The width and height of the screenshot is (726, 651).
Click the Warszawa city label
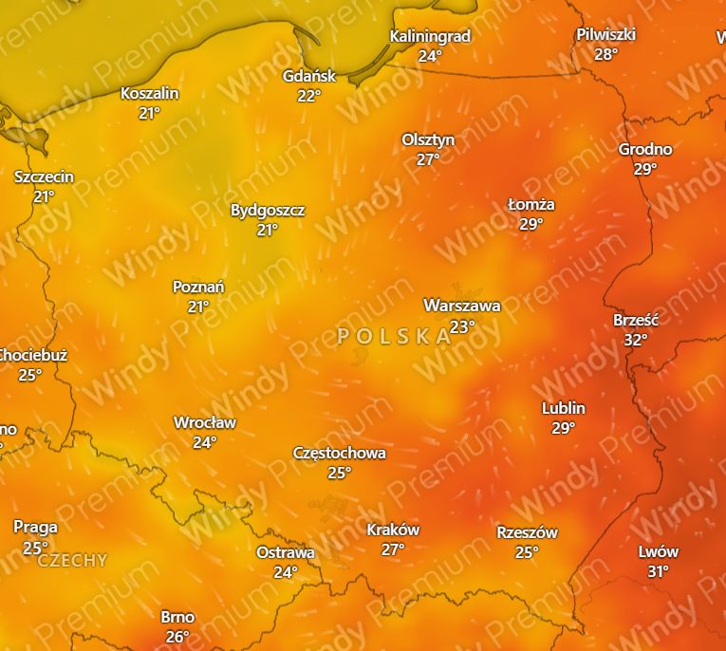coord(461,306)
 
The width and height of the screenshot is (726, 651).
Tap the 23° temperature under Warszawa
coord(461,325)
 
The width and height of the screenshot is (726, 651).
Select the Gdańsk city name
coord(309,76)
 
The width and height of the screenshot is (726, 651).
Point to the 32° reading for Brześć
coord(635,339)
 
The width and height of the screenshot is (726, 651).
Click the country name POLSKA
coord(394,335)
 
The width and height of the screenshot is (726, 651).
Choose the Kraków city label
coord(393,530)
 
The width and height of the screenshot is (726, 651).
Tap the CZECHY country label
coord(72,560)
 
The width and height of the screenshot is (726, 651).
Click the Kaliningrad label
coord(430,36)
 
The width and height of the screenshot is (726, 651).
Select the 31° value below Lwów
coord(658,570)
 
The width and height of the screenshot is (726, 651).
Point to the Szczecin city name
coord(44,177)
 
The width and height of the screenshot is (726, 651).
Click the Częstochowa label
coord(340,453)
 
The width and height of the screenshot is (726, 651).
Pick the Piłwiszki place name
coord(605,34)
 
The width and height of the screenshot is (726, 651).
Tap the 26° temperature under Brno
coord(177,636)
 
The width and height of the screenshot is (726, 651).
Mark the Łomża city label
coord(531,204)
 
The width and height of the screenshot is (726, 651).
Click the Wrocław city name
coord(205,422)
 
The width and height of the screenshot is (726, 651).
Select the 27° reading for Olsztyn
coord(428,158)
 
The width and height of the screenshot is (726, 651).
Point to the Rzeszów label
coord(527,532)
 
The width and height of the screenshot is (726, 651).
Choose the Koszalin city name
coord(149,93)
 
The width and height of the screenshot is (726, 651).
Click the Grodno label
coord(645,149)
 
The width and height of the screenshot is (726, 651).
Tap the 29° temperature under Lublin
coord(563,427)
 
